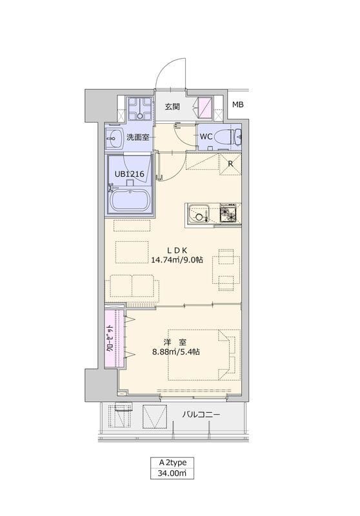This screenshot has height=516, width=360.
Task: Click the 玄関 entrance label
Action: pyautogui.click(x=172, y=106)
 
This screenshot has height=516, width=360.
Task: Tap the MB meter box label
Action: pyautogui.click(x=238, y=105)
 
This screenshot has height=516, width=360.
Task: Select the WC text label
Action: pyautogui.click(x=206, y=137)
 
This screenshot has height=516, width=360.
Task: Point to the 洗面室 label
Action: pyautogui.click(x=138, y=137)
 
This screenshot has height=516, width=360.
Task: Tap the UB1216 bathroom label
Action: pyautogui.click(x=129, y=174)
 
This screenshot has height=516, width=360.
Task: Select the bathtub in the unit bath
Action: pyautogui.click(x=130, y=201)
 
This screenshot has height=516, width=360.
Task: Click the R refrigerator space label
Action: pyautogui.click(x=230, y=164)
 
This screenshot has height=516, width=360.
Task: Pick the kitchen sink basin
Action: pyautogui.click(x=198, y=213)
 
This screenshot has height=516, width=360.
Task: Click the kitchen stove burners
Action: pyautogui.click(x=228, y=213)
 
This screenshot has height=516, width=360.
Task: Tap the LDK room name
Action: pyautogui.click(x=177, y=250)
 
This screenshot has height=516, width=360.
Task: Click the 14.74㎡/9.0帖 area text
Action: pyautogui.click(x=177, y=260)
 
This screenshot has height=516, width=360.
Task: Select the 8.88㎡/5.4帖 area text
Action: pyautogui.click(x=175, y=352)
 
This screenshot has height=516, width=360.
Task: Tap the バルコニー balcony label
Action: pyautogui.click(x=201, y=415)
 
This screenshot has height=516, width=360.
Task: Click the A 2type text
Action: pyautogui.click(x=172, y=462)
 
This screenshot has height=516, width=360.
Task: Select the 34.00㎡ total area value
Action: pyautogui.click(x=172, y=473)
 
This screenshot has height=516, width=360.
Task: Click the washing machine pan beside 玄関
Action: pyautogui.click(x=140, y=108)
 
